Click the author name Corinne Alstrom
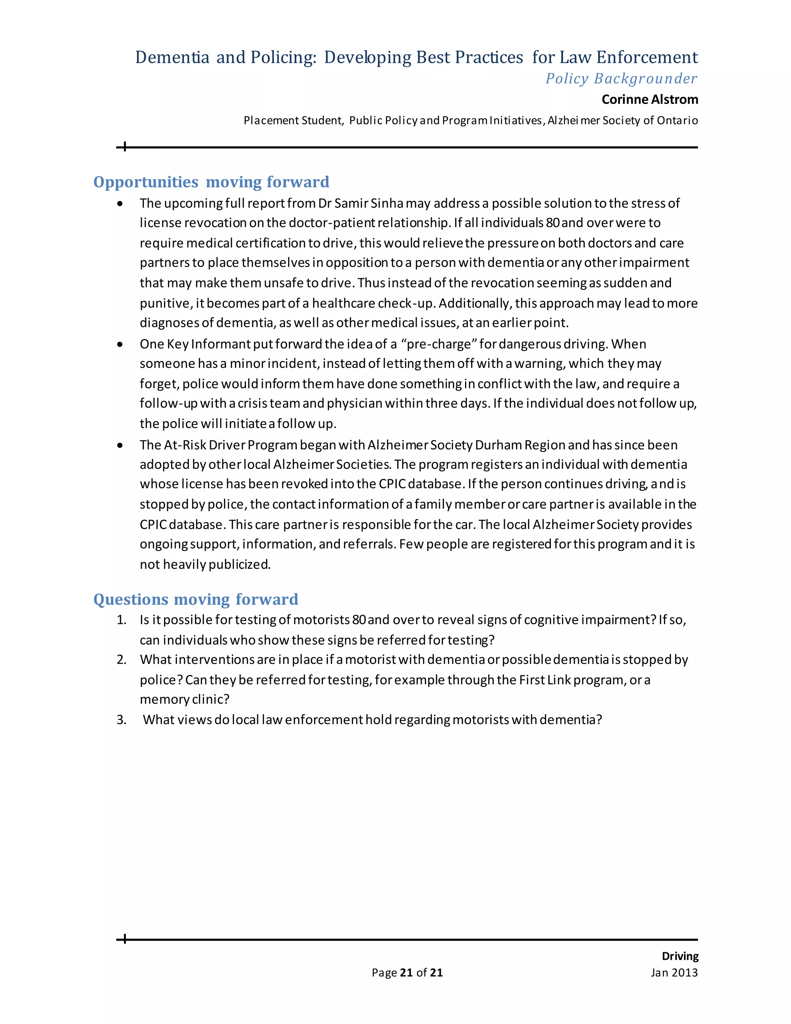click(x=650, y=99)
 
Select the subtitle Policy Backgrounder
click(x=621, y=78)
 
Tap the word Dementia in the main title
click(x=172, y=57)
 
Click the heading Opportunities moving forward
click(x=211, y=182)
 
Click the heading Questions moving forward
click(x=195, y=599)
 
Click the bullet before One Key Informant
click(x=121, y=344)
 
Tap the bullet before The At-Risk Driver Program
click(x=121, y=445)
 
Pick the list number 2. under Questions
click(x=121, y=660)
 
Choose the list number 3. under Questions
click(x=121, y=720)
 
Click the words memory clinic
click(x=185, y=699)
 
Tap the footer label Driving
click(x=679, y=956)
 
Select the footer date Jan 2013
click(x=674, y=973)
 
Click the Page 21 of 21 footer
click(x=407, y=973)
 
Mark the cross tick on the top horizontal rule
click(x=125, y=147)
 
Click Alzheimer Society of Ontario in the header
click(x=622, y=121)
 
